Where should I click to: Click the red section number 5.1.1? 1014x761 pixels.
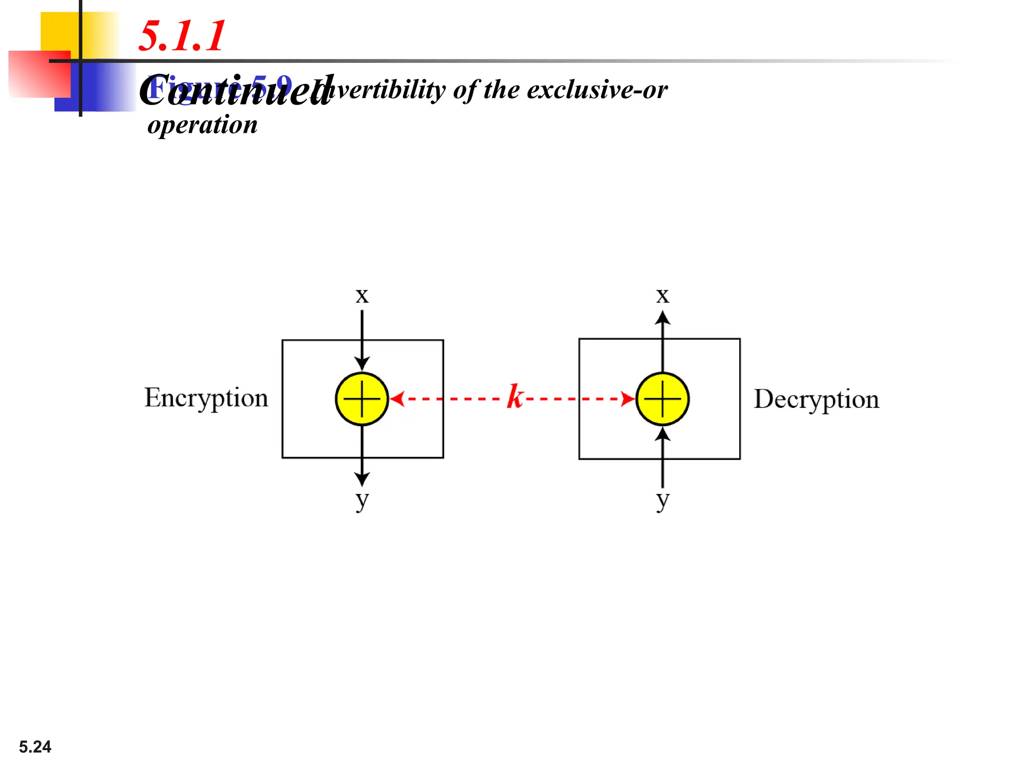tap(182, 36)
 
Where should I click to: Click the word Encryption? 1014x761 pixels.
tap(206, 398)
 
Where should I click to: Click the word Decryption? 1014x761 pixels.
tap(816, 399)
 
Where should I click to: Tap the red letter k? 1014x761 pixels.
tap(515, 396)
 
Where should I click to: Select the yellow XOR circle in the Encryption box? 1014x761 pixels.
tap(362, 399)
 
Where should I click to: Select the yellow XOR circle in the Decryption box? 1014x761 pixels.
tap(662, 399)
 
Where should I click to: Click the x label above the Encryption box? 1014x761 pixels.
tap(362, 296)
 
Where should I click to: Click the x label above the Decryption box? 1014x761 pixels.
tap(662, 296)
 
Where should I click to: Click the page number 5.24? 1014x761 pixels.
tap(35, 746)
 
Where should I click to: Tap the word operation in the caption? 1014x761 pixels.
tap(203, 125)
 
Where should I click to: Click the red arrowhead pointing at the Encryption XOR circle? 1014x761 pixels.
tap(397, 398)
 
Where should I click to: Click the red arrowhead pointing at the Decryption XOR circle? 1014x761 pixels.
tap(628, 398)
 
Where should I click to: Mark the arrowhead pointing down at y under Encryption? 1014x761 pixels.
tap(362, 479)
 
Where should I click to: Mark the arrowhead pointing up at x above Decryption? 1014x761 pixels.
tap(662, 318)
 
